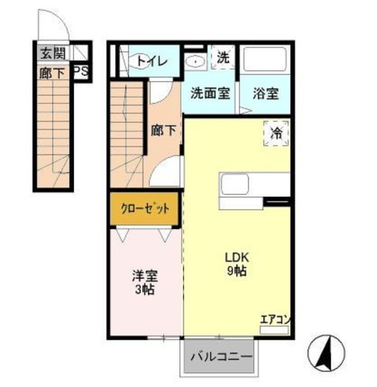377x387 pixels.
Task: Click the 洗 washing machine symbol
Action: click(223, 59)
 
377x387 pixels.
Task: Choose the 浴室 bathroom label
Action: click(266, 94)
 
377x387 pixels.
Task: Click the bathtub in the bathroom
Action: click(266, 60)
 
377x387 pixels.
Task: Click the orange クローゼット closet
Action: click(145, 209)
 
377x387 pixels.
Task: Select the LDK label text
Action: click(235, 256)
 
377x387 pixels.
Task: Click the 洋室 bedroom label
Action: click(145, 276)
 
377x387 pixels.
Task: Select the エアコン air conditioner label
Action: click(275, 320)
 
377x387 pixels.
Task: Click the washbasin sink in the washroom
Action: click(195, 61)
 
